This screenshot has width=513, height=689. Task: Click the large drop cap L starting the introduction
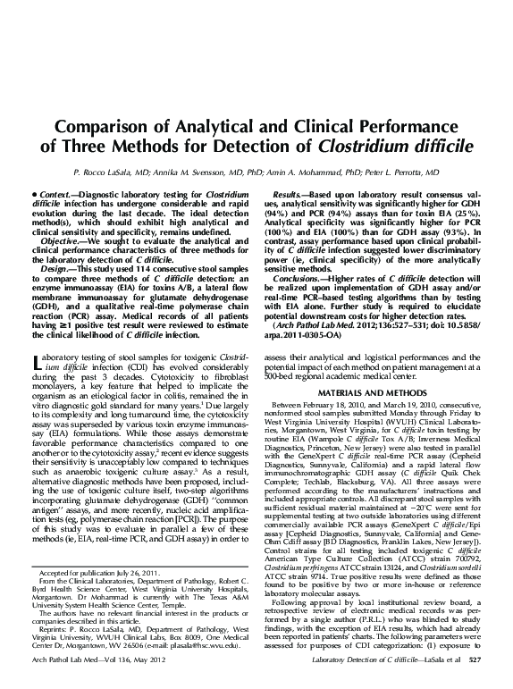tap(35, 363)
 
